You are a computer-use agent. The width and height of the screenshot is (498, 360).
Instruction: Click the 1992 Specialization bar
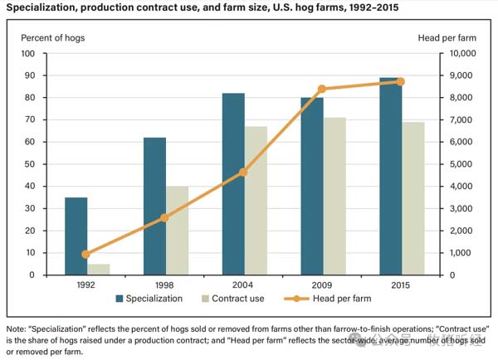click(76, 236)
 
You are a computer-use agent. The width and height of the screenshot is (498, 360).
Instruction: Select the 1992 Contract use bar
click(99, 269)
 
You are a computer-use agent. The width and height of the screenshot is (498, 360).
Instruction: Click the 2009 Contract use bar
click(334, 196)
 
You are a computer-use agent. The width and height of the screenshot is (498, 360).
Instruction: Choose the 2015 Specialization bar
click(390, 176)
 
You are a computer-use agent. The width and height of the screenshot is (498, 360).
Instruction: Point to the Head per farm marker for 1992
click(85, 254)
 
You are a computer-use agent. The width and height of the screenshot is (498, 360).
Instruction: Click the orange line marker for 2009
click(322, 89)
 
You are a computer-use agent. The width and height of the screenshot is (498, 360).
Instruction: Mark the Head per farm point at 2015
click(401, 81)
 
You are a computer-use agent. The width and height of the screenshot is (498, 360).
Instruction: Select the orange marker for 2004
click(243, 173)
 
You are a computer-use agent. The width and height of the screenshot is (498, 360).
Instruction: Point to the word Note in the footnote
click(18, 329)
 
